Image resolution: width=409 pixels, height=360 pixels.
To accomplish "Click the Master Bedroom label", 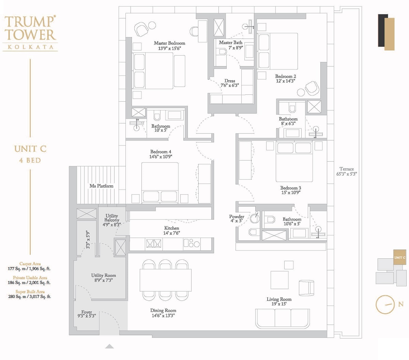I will tap(169, 43).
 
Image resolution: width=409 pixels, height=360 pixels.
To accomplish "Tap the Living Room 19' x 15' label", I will tap(279, 301).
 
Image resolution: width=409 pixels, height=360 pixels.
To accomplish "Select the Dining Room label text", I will tap(163, 311).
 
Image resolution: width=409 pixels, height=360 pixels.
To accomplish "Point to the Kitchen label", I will tap(171, 228).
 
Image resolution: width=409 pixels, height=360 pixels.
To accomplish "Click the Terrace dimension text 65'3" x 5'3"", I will tap(346, 174).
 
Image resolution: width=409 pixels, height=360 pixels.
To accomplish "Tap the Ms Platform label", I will tap(101, 186).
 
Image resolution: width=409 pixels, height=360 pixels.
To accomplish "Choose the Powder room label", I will tap(237, 216).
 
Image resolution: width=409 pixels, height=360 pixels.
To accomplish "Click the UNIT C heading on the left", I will tap(30, 149).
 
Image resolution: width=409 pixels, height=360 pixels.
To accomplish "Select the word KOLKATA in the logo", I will tap(30, 47).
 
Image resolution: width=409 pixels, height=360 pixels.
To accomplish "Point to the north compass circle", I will tap(385, 304).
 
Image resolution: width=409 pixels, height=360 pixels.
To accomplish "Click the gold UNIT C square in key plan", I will tap(399, 257).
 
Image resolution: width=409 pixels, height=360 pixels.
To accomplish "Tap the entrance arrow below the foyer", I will tap(109, 346).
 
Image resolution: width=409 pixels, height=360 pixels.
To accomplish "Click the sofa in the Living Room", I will tap(283, 318).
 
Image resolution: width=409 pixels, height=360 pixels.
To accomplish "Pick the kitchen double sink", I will tap(153, 243).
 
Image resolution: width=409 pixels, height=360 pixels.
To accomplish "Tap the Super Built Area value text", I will tap(30, 297).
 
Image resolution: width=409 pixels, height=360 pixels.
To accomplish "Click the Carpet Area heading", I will tap(30, 264).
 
